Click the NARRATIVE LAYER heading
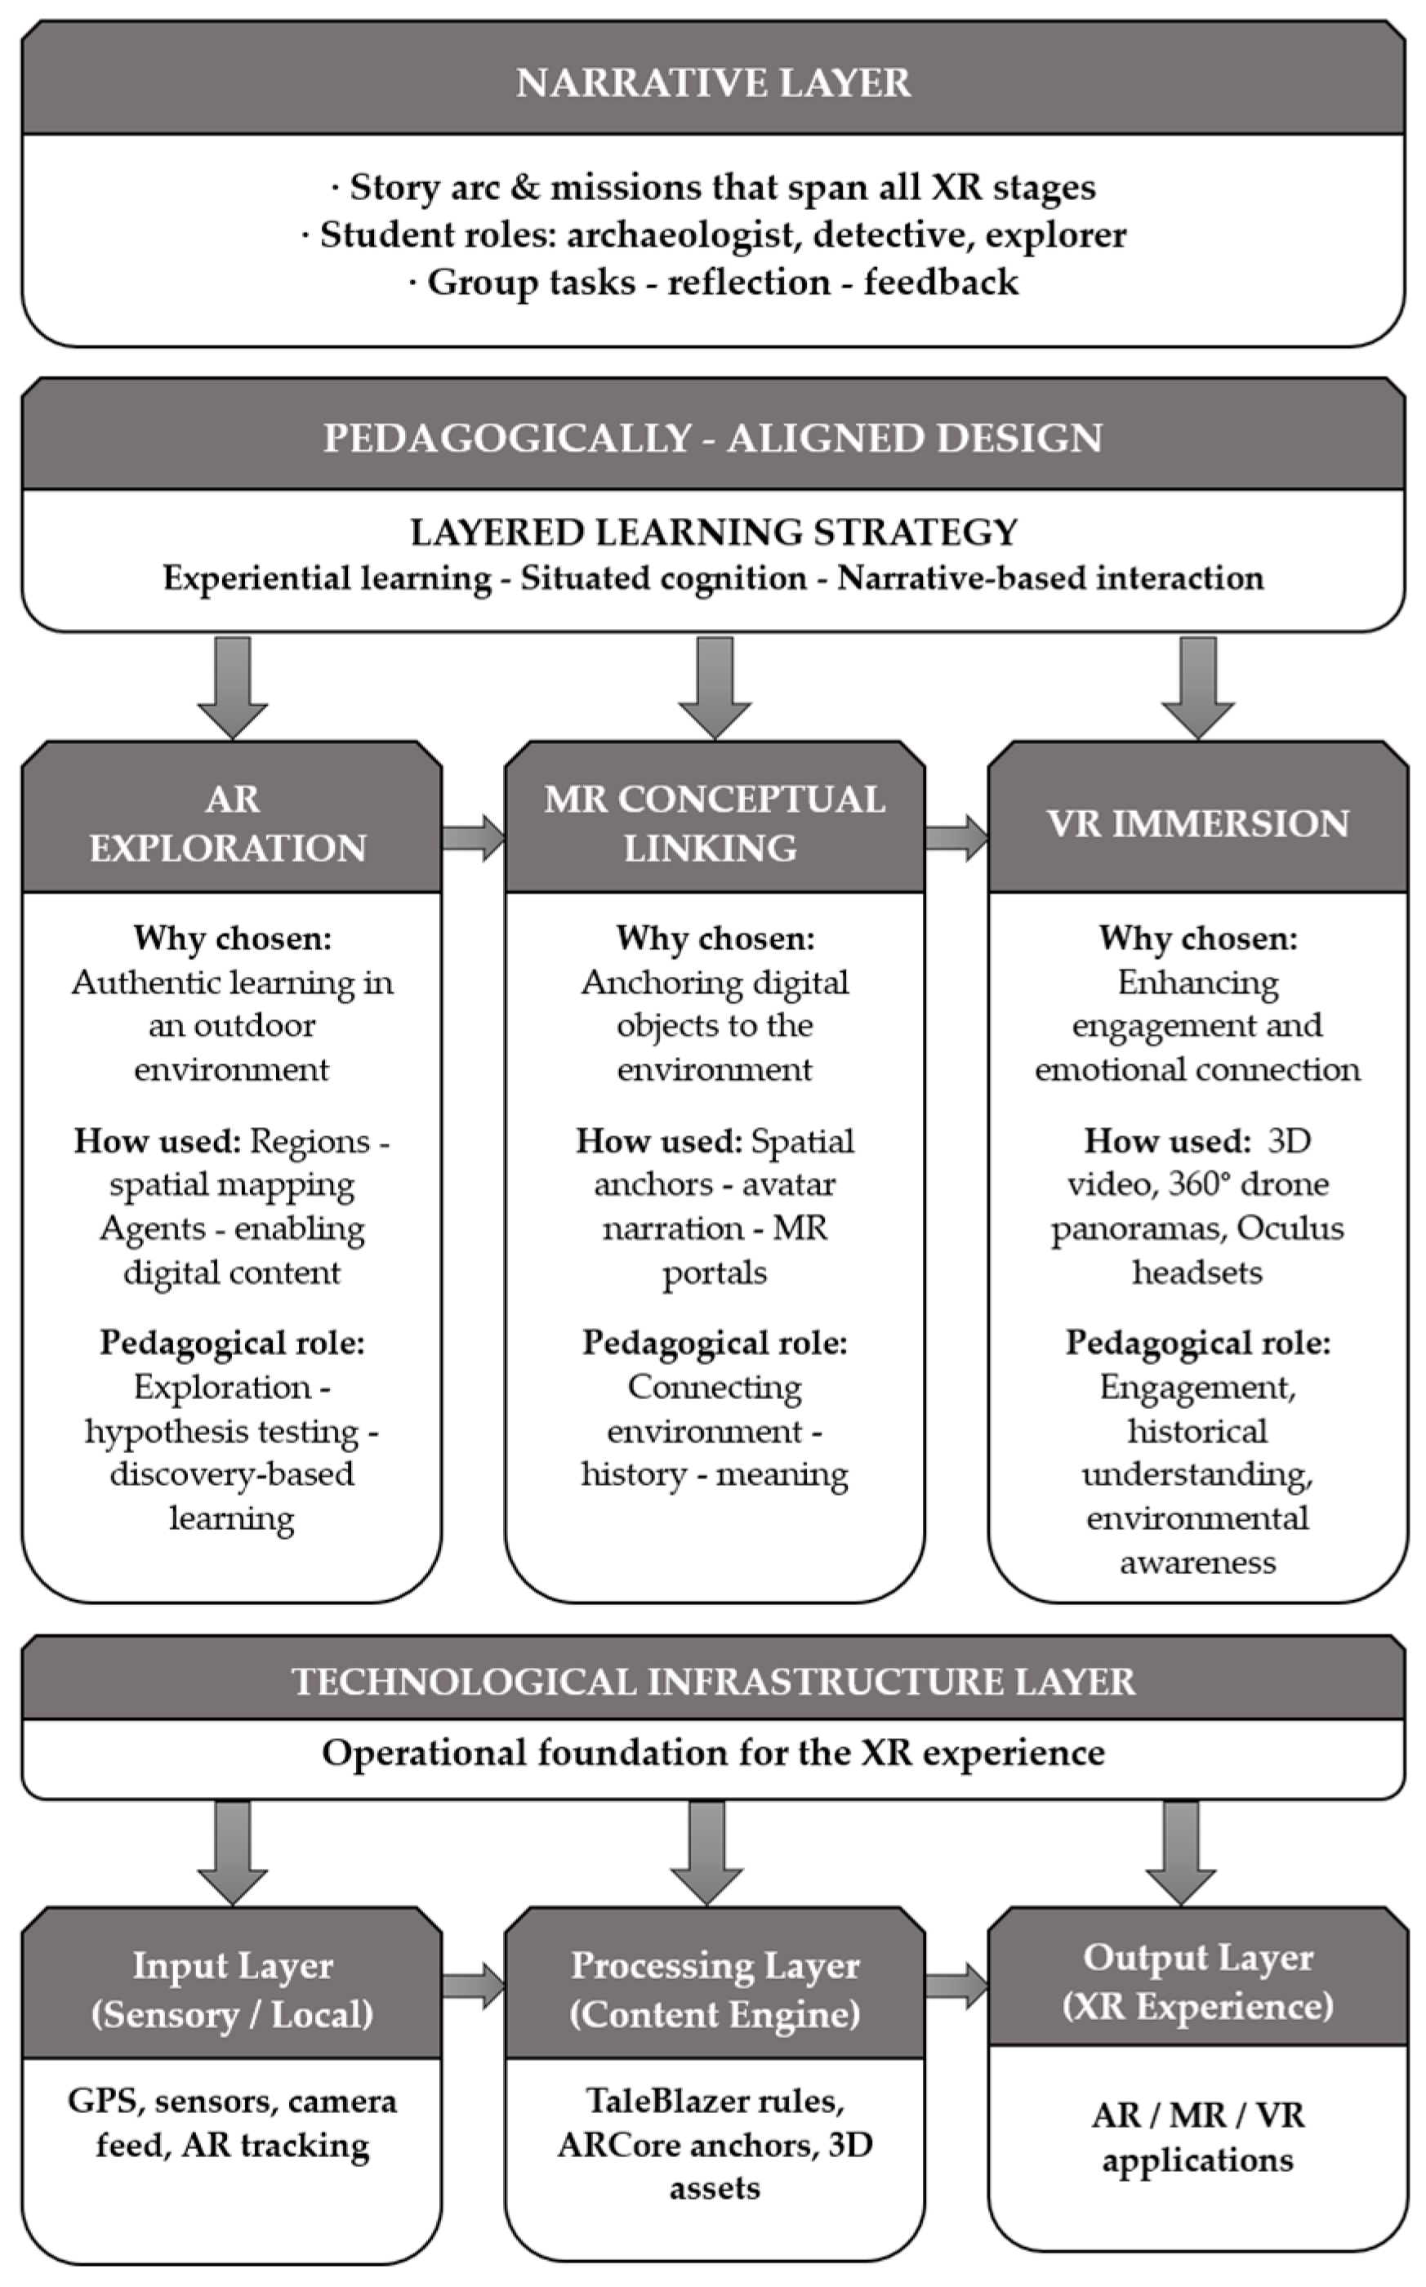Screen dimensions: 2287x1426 tap(713, 83)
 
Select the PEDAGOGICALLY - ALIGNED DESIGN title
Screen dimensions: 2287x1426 tap(713, 439)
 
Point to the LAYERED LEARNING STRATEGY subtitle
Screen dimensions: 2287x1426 tap(713, 533)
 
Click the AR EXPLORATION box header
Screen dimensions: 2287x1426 tap(231, 823)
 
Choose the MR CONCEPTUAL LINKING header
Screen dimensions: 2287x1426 tap(714, 823)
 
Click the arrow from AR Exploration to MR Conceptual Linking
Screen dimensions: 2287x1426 tap(474, 836)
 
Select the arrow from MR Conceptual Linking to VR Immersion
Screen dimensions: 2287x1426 tap(956, 836)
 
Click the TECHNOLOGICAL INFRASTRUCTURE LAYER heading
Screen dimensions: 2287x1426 tap(713, 1683)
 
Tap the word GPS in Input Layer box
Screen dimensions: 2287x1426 tap(103, 2102)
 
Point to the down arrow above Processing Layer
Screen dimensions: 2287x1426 tap(715, 1853)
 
